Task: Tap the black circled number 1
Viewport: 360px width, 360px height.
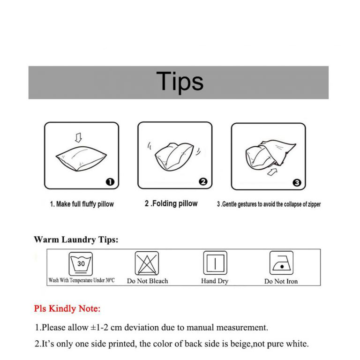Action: [x=109, y=182]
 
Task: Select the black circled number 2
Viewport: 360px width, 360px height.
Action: [x=203, y=182]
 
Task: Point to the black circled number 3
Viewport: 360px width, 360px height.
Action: [x=296, y=183]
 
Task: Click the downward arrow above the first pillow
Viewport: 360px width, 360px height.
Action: [x=78, y=137]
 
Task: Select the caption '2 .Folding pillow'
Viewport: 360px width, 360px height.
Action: [x=171, y=204]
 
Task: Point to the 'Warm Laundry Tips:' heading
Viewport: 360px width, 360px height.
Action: [x=76, y=240]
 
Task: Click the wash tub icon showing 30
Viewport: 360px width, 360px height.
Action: [x=81, y=264]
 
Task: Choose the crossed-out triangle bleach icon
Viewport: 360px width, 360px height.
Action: [x=147, y=263]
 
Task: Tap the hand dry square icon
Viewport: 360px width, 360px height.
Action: [x=215, y=263]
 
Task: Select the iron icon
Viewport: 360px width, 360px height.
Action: [x=281, y=263]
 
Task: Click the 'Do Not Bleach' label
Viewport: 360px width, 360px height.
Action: [x=147, y=281]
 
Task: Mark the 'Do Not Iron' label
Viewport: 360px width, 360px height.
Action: [x=281, y=281]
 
